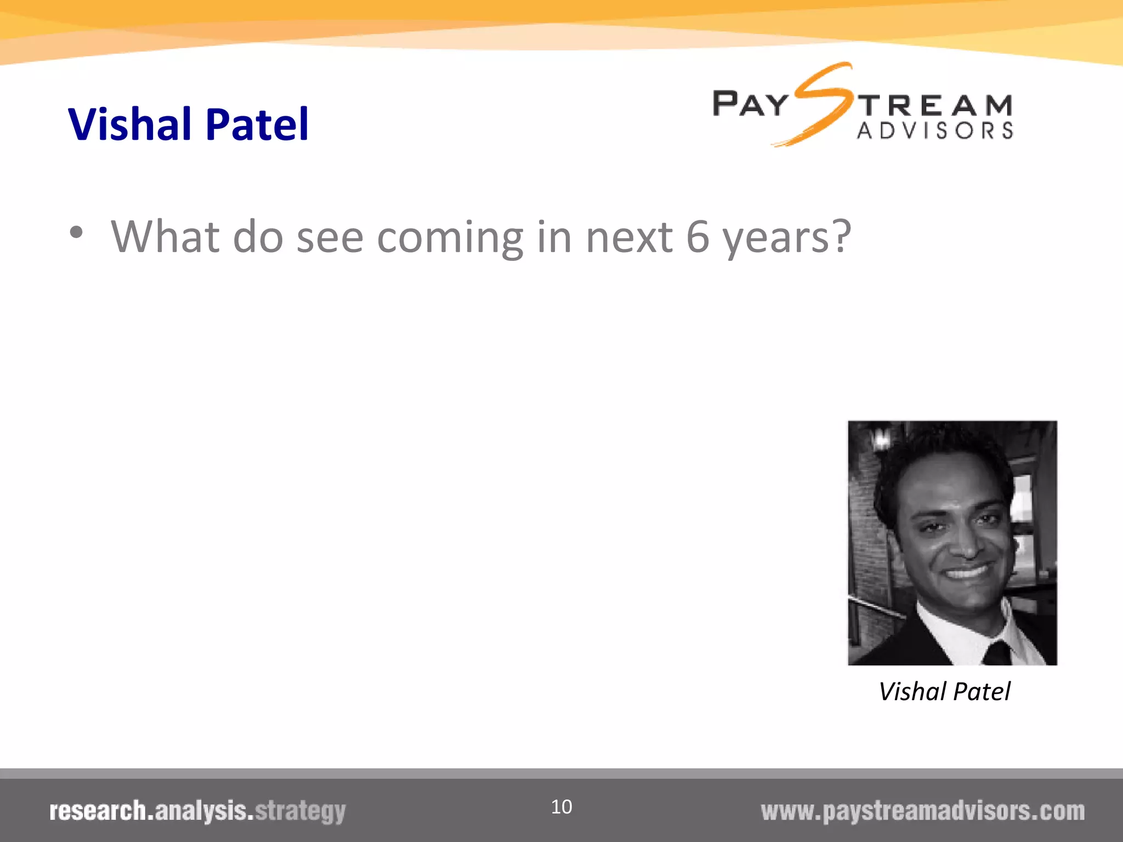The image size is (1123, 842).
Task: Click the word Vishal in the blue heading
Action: (129, 124)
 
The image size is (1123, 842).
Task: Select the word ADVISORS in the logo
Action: (935, 131)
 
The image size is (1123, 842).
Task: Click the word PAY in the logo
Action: (750, 104)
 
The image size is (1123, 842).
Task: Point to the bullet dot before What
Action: (76, 232)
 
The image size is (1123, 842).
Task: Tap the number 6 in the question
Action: (697, 237)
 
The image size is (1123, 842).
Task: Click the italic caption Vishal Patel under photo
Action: (944, 692)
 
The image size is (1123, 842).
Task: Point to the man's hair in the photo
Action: (943, 455)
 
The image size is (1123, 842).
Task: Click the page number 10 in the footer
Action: (561, 807)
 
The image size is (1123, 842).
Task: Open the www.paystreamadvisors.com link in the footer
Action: (922, 811)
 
